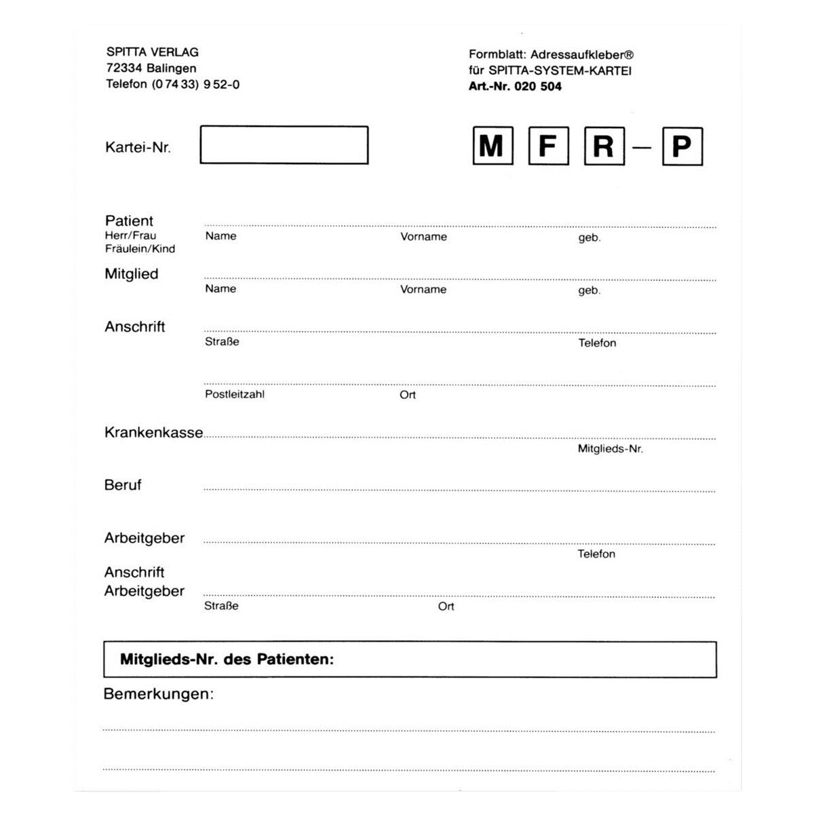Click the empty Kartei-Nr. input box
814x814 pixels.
coord(284,145)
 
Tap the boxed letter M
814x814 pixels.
coord(492,146)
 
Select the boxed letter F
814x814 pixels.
coord(548,146)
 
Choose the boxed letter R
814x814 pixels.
coord(604,147)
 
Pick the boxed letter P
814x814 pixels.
coord(682,147)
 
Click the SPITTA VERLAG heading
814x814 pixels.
coord(153,52)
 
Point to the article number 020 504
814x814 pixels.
coord(538,87)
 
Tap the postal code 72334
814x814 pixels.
coord(124,69)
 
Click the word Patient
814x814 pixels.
coord(129,221)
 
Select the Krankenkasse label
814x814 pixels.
coord(153,433)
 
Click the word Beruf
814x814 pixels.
coord(123,486)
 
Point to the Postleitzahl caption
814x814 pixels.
coord(235,395)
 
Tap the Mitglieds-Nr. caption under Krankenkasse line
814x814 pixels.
coord(610,449)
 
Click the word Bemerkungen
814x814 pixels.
coord(158,695)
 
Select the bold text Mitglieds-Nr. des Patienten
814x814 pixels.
coord(227,659)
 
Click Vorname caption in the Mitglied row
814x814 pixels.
coord(423,290)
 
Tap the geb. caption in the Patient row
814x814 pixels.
coord(589,238)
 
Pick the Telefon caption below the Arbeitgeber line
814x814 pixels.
coord(596,554)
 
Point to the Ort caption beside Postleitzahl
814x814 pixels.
coord(407,395)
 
